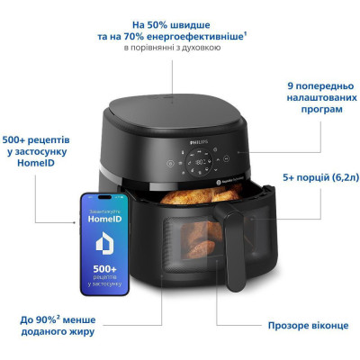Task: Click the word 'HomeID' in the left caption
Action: point(40,175)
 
